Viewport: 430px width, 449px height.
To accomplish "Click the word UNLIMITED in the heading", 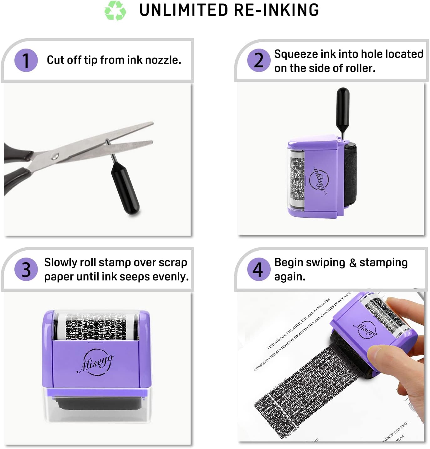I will click(x=184, y=10).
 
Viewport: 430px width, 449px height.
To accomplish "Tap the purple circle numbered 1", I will click(x=26, y=60).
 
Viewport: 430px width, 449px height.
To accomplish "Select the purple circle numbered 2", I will click(x=259, y=60).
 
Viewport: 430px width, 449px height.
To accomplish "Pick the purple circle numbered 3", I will click(x=26, y=269).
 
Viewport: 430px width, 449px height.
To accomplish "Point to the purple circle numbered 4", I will click(x=258, y=269).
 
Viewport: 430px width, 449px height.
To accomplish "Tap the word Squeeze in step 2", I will click(x=296, y=54).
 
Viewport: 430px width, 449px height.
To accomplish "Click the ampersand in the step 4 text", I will click(x=352, y=263).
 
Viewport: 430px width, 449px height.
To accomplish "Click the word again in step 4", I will click(x=289, y=277).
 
